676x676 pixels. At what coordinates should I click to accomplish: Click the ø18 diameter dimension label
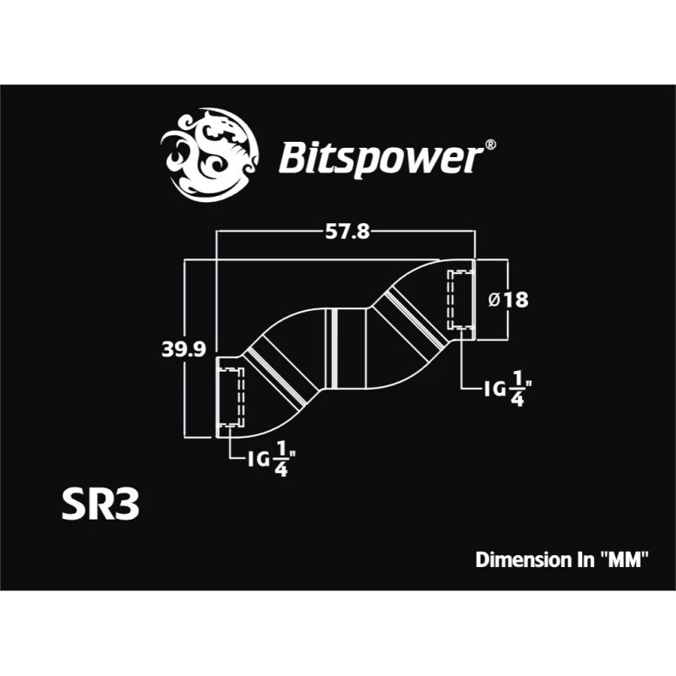point(509,300)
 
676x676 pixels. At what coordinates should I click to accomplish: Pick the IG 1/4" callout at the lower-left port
point(271,460)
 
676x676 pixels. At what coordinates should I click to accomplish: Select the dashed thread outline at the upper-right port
point(457,302)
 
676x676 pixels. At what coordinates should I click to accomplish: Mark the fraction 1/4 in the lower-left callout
point(281,460)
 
